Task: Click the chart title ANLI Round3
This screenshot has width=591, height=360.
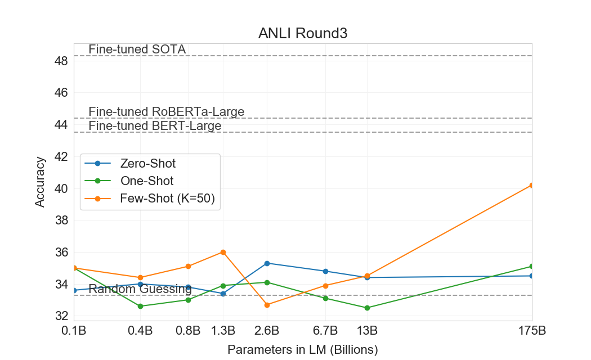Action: pyautogui.click(x=303, y=33)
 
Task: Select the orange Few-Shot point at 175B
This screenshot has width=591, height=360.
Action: pyautogui.click(x=531, y=185)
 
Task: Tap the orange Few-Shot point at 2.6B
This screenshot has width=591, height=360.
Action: pyautogui.click(x=267, y=305)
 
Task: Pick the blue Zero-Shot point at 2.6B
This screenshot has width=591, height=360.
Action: pyautogui.click(x=267, y=263)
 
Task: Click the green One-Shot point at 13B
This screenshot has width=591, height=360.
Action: pyautogui.click(x=368, y=308)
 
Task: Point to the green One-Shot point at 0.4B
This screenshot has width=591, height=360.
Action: pyautogui.click(x=140, y=306)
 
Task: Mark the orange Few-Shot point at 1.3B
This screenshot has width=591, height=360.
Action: pyautogui.click(x=223, y=252)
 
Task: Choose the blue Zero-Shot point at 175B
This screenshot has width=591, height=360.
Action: pyautogui.click(x=531, y=276)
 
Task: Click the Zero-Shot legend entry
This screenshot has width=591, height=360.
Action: pyautogui.click(x=147, y=164)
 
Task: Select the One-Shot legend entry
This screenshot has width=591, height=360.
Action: pyautogui.click(x=146, y=181)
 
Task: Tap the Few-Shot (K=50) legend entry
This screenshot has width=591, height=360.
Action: pyautogui.click(x=167, y=199)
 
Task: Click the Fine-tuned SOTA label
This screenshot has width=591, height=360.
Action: pyautogui.click(x=137, y=49)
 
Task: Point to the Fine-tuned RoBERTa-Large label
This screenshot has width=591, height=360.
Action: pyautogui.click(x=166, y=111)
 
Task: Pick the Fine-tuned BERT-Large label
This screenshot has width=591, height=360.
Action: pyautogui.click(x=155, y=126)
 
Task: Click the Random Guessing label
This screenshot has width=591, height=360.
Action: pyautogui.click(x=140, y=290)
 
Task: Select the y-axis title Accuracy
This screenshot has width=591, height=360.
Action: pyautogui.click(x=40, y=182)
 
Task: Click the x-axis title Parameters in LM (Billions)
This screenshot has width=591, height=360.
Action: pyautogui.click(x=303, y=349)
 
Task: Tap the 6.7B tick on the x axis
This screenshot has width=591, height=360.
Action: pyautogui.click(x=325, y=330)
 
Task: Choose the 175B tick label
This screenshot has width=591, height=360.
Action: pyautogui.click(x=531, y=330)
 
